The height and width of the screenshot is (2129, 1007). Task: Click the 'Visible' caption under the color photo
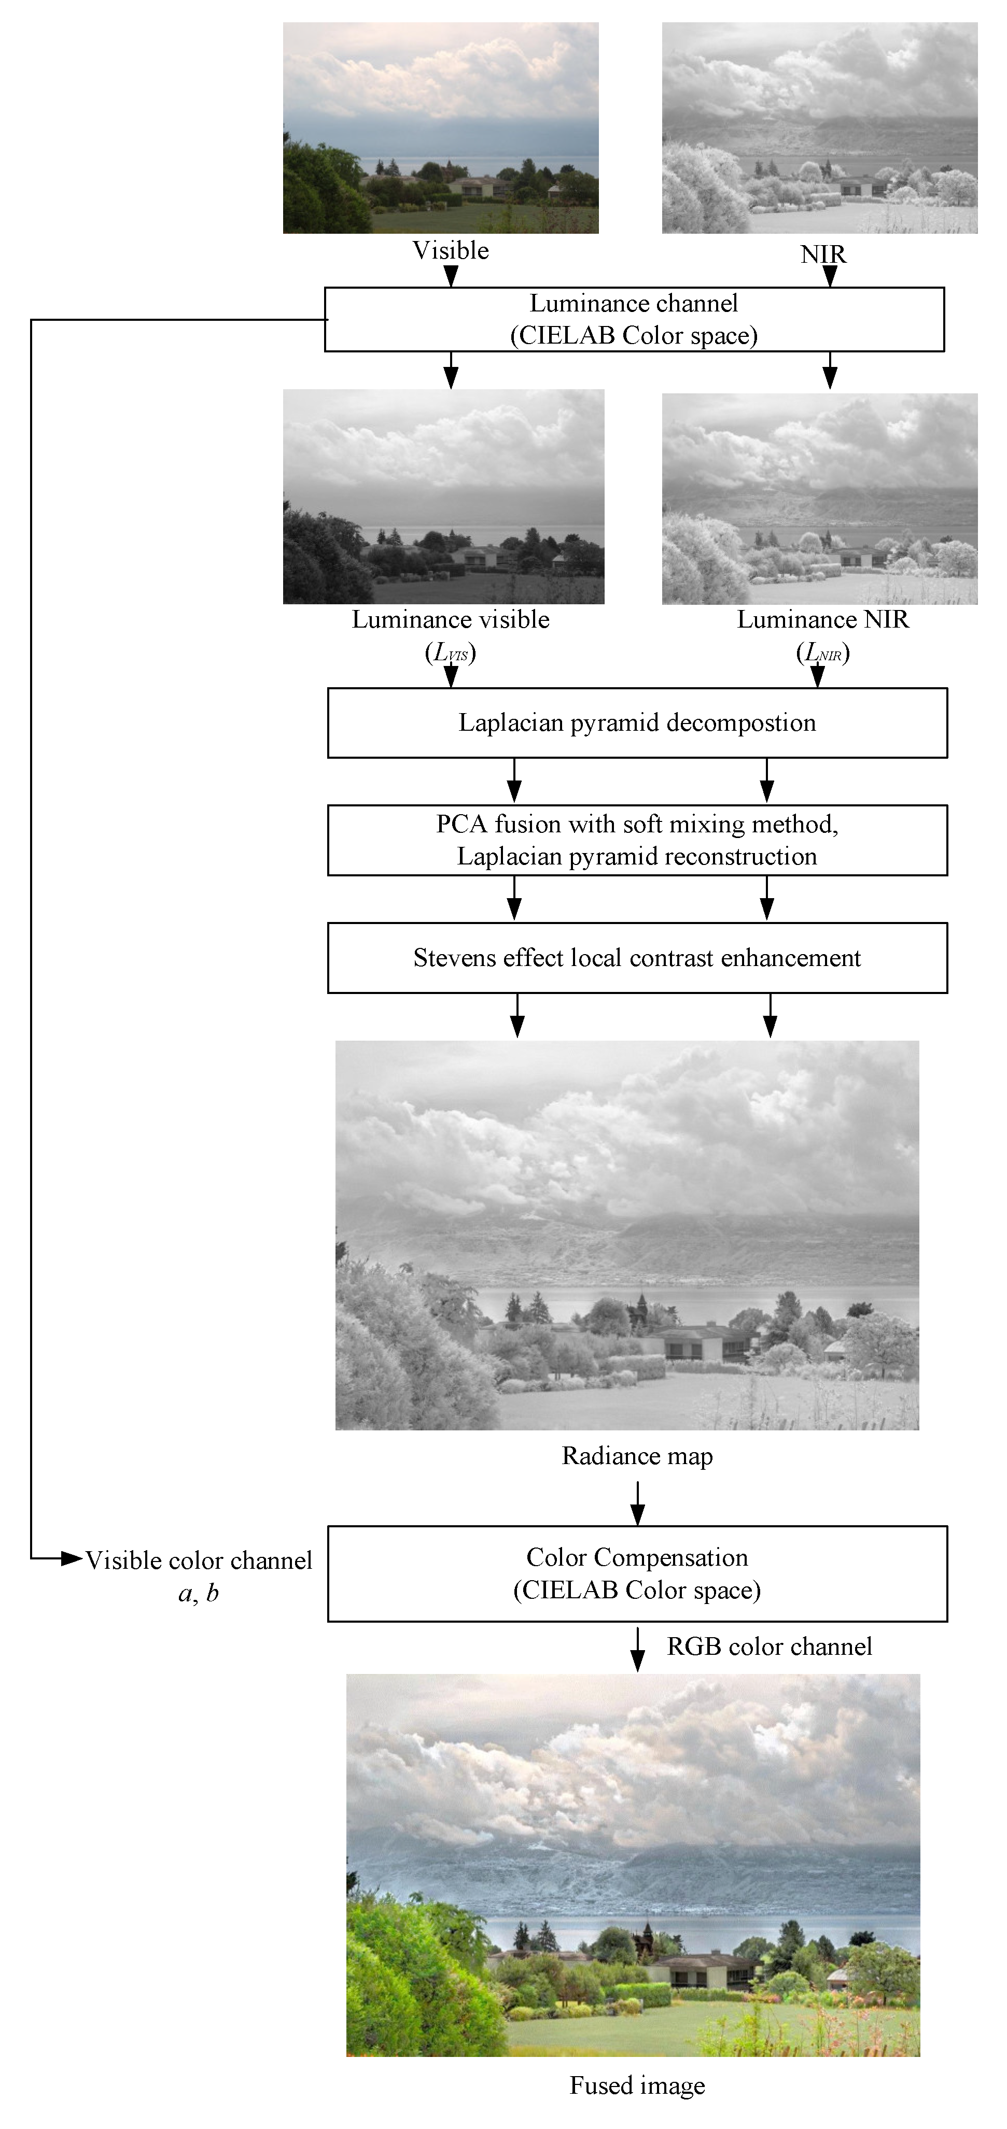click(x=451, y=250)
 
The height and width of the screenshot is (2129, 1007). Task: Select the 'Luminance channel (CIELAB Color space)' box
click(x=634, y=319)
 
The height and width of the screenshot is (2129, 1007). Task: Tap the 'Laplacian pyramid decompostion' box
click(x=637, y=722)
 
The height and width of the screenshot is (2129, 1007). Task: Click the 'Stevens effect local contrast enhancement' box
click(x=637, y=958)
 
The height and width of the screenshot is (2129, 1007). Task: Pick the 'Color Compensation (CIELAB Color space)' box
click(x=637, y=1573)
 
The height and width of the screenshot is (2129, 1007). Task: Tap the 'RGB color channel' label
click(x=769, y=1647)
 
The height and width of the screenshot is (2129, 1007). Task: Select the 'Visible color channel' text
click(x=199, y=1560)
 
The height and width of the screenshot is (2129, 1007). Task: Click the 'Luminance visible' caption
click(x=451, y=620)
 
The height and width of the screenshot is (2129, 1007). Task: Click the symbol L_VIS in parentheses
click(x=451, y=654)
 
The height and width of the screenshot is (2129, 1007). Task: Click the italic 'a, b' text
click(x=199, y=1594)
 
